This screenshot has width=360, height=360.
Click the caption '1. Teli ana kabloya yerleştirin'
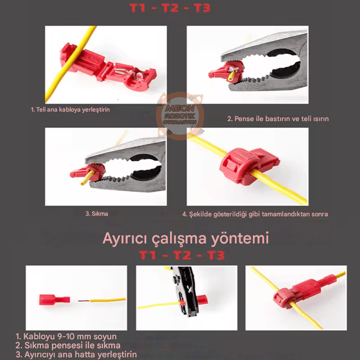click(70, 109)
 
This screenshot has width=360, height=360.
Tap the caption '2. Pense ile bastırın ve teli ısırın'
click(278, 119)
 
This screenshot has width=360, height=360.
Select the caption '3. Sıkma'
click(97, 214)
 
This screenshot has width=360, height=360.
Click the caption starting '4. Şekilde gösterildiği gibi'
click(255, 214)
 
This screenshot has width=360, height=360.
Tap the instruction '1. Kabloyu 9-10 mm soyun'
click(66, 337)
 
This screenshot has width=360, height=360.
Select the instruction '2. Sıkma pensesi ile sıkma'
click(68, 346)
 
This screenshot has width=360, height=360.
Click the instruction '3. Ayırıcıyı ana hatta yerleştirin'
click(76, 355)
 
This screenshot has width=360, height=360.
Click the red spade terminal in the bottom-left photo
click(53, 299)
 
